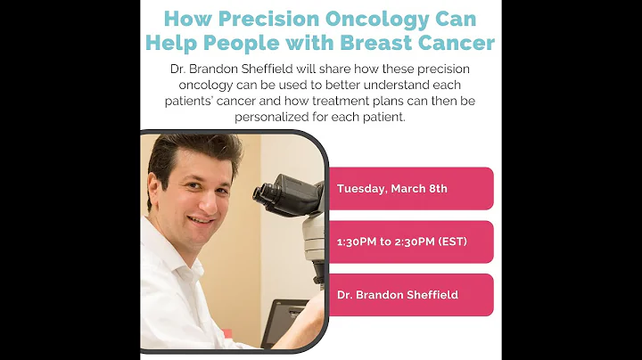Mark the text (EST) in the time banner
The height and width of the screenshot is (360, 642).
tap(450, 241)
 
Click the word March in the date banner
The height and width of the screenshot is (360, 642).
tap(405, 189)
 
